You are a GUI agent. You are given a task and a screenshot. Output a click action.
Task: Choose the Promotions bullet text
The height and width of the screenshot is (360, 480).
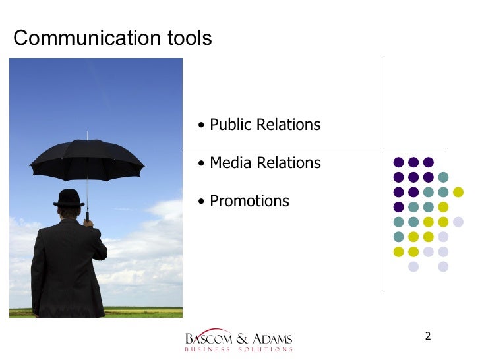click(249, 201)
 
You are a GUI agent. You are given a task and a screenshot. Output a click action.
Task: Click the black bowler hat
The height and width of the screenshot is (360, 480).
click(69, 198)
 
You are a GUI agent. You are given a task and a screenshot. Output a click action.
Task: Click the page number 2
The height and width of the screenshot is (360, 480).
click(428, 337)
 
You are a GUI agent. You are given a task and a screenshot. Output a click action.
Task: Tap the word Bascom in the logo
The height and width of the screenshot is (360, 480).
click(208, 339)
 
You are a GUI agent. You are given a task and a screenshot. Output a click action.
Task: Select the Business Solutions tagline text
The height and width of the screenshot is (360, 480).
click(239, 349)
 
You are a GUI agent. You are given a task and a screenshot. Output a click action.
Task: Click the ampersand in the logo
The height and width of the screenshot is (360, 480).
click(239, 339)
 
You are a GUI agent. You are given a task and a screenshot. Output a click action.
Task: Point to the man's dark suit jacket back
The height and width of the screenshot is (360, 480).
click(66, 264)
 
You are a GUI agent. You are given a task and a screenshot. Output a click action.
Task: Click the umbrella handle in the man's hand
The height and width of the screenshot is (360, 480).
click(87, 216)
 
